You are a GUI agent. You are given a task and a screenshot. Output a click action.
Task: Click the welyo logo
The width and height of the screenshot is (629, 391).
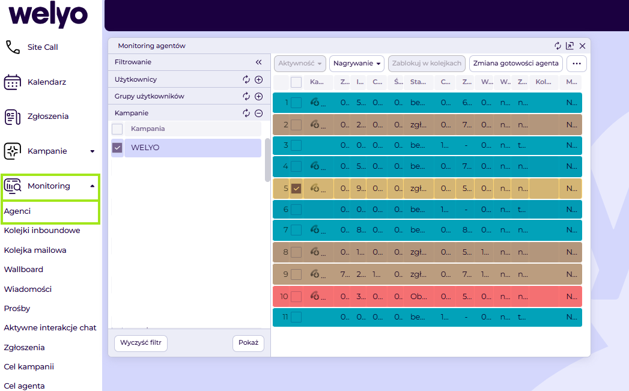pos(48,15)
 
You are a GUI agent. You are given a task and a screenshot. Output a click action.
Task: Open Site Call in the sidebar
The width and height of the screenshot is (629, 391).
pos(42,47)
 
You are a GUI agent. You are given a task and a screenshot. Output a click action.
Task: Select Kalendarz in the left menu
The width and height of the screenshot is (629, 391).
pos(46,82)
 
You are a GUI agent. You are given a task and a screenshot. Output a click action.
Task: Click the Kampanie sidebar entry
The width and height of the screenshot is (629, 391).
pos(47,151)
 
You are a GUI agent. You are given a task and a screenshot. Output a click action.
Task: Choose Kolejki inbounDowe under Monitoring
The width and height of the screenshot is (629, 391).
pos(42,231)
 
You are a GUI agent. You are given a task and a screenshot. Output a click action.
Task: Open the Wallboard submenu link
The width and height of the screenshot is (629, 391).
pos(23,270)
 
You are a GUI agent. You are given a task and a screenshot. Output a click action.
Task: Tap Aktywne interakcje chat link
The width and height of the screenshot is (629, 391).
pos(50,328)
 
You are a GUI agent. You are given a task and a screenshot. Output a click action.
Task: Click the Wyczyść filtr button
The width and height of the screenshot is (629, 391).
pos(141,343)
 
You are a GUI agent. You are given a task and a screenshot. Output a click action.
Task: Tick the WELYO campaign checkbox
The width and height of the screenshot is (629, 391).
pos(118,148)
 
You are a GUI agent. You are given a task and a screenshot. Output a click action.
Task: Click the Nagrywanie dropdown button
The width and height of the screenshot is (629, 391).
pos(357,63)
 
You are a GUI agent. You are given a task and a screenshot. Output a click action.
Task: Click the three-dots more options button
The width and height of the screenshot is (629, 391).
pos(577,63)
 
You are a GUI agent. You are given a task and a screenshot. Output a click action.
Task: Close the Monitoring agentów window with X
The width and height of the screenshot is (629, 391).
pos(582,46)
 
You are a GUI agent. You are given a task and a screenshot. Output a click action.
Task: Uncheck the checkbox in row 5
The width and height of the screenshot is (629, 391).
pos(296,189)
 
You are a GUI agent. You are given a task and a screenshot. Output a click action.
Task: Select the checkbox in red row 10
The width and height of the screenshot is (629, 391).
pos(296,297)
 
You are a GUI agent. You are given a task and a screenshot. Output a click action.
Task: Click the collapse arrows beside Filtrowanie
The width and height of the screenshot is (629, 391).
pos(259,62)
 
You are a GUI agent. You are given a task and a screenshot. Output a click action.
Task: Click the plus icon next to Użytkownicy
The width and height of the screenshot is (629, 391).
pos(259,79)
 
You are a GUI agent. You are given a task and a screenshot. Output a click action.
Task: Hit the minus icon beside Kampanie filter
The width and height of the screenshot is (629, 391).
pos(259,113)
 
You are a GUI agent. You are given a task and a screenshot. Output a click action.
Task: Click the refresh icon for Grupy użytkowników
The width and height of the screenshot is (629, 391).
pos(246,96)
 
